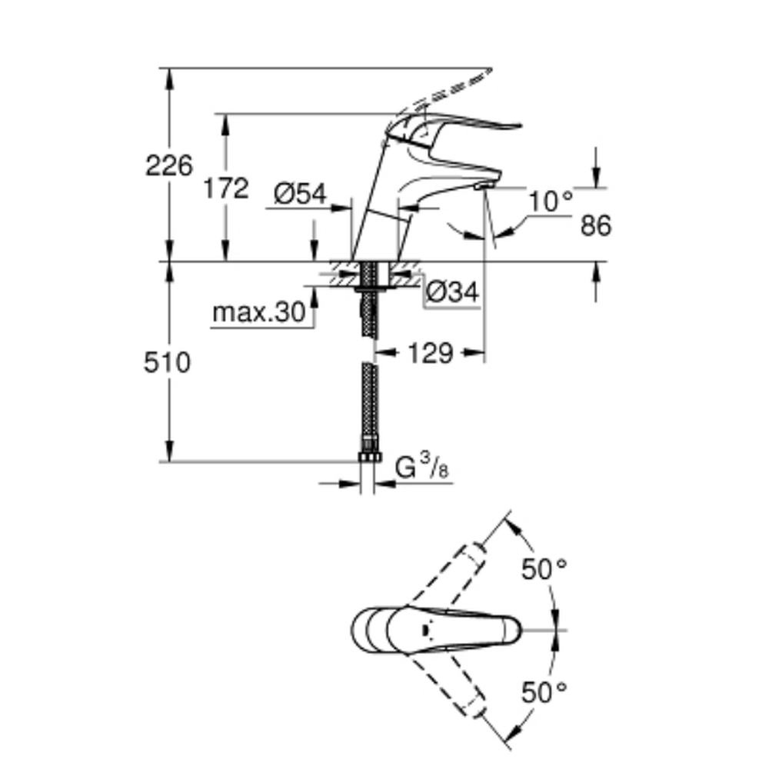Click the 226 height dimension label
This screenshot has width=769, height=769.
pyautogui.click(x=169, y=165)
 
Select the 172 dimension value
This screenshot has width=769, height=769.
pyautogui.click(x=226, y=188)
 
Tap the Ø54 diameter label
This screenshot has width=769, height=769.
pyautogui.click(x=300, y=194)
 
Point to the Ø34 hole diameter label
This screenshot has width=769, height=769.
pyautogui.click(x=451, y=292)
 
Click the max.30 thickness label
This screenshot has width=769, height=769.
pyautogui.click(x=259, y=312)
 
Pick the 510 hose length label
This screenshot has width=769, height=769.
pyautogui.click(x=167, y=363)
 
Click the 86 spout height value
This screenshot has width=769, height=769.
pyautogui.click(x=596, y=225)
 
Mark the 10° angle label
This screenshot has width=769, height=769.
pyautogui.click(x=551, y=201)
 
